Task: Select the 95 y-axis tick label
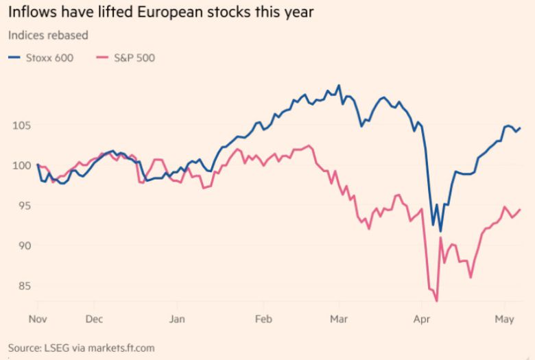tap(21, 206)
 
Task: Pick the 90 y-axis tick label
tap(21, 245)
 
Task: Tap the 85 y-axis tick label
tap(21, 285)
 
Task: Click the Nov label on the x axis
tap(37, 320)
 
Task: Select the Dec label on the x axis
tap(94, 320)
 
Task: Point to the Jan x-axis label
tap(177, 320)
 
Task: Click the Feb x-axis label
tap(263, 320)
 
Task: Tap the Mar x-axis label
tap(340, 320)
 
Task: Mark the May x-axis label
tap(504, 320)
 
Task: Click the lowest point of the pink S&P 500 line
tap(436, 300)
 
